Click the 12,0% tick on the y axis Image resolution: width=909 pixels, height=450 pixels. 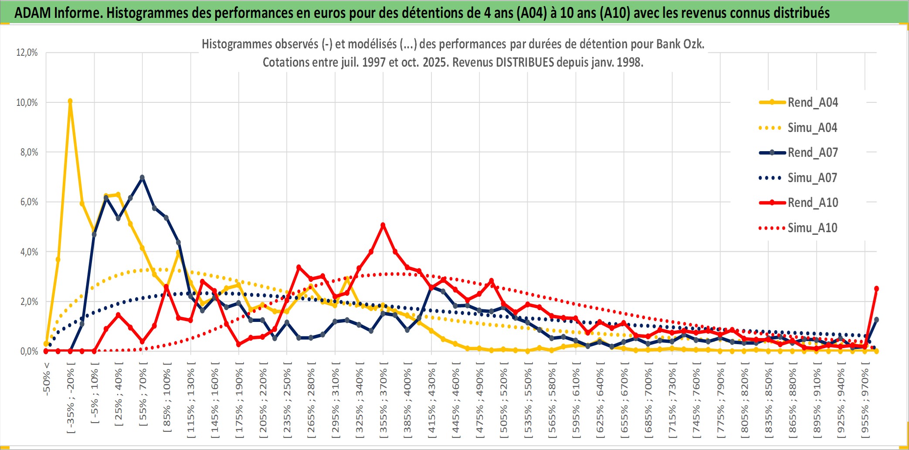(27, 53)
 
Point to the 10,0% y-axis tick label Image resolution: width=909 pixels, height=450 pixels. (27, 102)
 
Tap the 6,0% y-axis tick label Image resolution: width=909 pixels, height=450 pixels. (29, 202)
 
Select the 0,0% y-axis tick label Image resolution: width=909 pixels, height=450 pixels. (29, 351)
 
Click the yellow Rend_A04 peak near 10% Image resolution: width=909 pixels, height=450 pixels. (70, 101)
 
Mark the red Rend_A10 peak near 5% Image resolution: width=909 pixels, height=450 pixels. (383, 225)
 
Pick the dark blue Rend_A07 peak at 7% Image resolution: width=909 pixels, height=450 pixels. (142, 177)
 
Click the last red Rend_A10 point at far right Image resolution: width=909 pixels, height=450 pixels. (876, 288)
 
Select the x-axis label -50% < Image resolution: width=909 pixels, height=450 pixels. (47, 379)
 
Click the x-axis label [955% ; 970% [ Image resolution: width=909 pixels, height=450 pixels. (865, 401)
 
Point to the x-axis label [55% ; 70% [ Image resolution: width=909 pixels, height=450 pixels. (143, 394)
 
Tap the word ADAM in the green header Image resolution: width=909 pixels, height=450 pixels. (33, 13)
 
